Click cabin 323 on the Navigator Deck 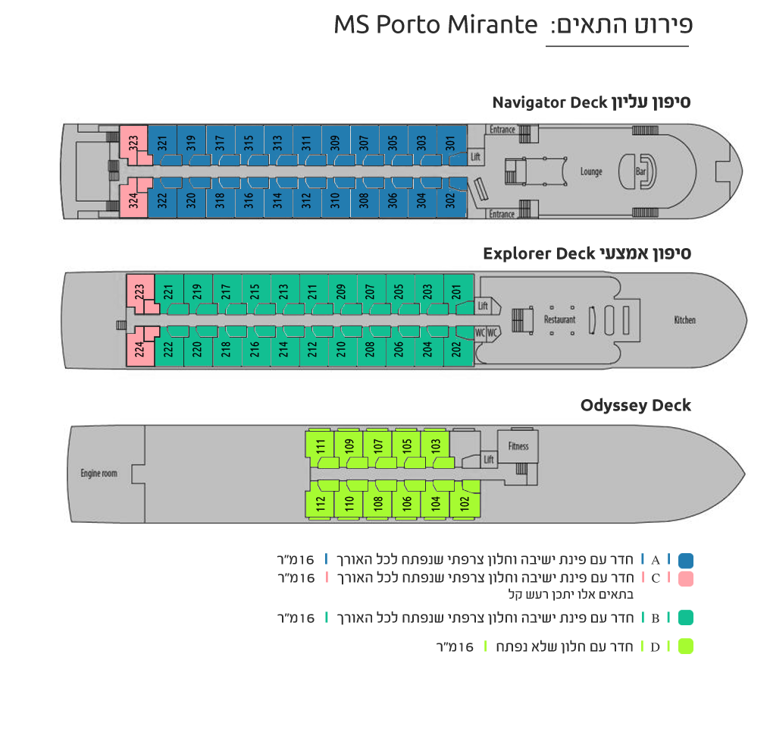coord(133,143)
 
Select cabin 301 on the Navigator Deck coord(451,144)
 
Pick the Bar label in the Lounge coord(640,171)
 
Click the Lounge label coord(591,171)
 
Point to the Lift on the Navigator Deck coord(475,157)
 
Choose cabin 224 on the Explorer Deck coord(140,348)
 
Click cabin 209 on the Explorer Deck coord(341,293)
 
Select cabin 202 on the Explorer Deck coord(458,347)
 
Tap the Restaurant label coord(559,319)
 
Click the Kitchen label coord(684,320)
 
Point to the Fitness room coord(518,446)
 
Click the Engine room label coord(99,473)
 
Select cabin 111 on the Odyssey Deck coord(321,448)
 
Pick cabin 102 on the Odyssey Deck coord(465,500)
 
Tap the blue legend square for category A coord(686,561)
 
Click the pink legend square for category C coord(686,579)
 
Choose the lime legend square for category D coord(686,646)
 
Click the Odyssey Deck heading coord(635,406)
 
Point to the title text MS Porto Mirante coord(436,25)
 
